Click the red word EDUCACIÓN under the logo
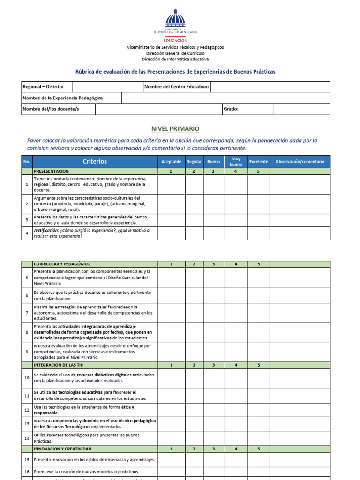175,41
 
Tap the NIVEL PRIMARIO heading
175,128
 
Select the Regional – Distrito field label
40,87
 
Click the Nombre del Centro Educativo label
176,87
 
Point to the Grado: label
231,109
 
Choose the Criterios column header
95,161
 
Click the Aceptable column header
171,162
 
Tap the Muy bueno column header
236,162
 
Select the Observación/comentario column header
300,162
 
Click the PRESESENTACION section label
51,172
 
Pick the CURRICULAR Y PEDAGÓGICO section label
62,264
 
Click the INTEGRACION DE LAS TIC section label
58,365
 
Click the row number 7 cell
27,313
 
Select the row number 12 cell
27,410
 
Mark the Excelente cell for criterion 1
259,184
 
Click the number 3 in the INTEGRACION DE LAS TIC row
213,365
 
